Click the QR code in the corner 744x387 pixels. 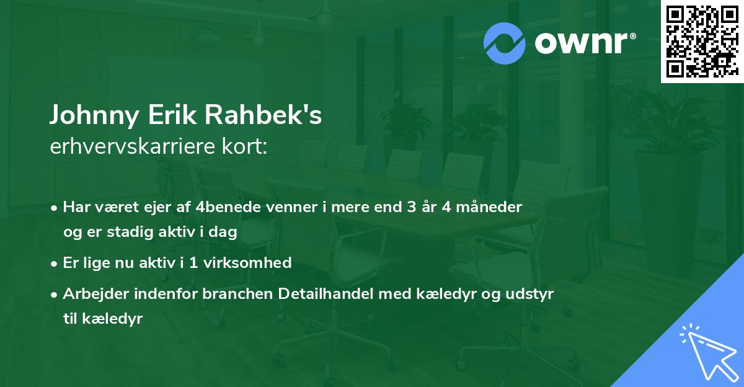pyautogui.click(x=702, y=42)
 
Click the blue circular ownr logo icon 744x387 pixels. pyautogui.click(x=505, y=42)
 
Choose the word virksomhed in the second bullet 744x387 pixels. pyautogui.click(x=254, y=262)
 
